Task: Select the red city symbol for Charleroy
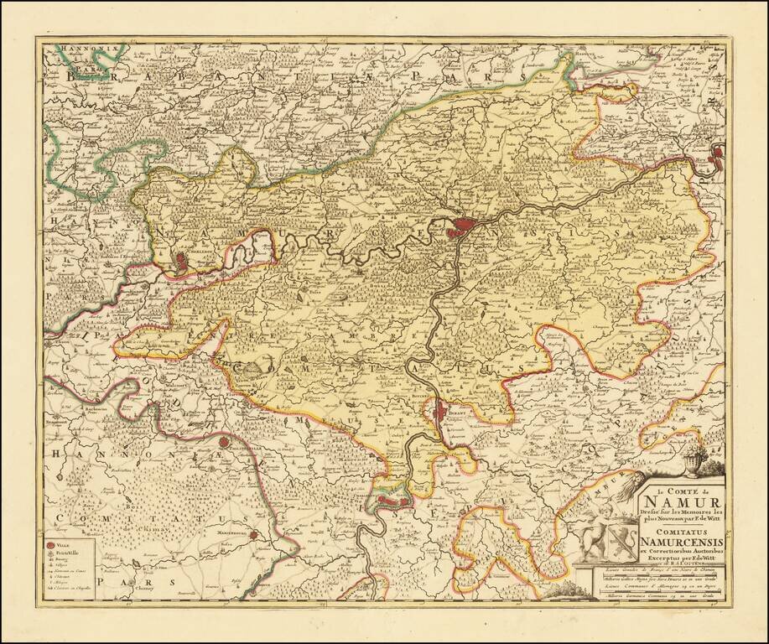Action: tap(184, 263)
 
